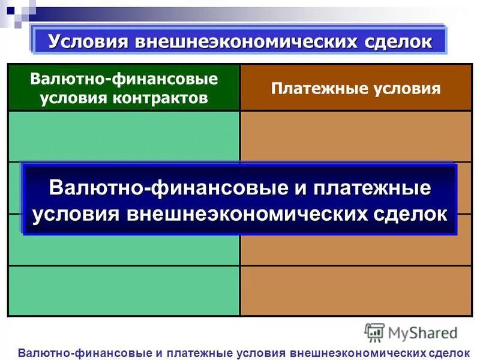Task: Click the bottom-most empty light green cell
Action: click(124, 291)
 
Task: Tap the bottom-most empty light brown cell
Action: click(356, 291)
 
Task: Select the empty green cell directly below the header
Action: click(124, 136)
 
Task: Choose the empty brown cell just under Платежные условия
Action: click(356, 136)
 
